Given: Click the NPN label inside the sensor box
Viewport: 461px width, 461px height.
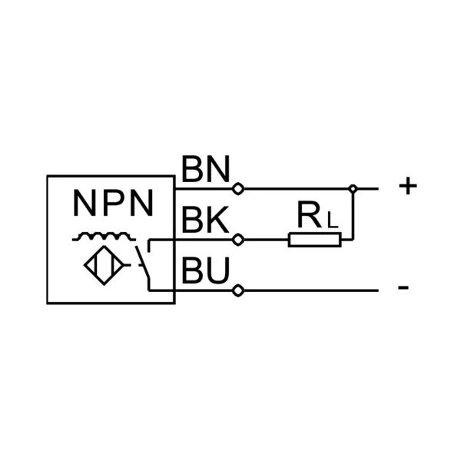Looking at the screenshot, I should pos(113,204).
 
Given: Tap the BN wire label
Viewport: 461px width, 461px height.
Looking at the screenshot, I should pos(206,170).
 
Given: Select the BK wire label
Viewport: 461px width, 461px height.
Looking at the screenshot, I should pos(205,221).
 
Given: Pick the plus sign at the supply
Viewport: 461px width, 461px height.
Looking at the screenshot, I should pos(408,186).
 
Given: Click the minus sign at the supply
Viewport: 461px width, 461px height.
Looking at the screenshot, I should pos(403,289).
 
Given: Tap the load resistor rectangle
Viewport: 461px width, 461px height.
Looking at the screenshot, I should pos(314,240).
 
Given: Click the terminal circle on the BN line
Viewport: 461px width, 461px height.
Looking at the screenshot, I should pos(238,188).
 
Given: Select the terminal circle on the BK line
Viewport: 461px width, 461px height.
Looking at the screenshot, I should pos(238,240).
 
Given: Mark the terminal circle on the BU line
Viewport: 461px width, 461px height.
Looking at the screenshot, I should pos(238,290).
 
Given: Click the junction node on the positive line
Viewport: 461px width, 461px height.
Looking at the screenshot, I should pos(352,188).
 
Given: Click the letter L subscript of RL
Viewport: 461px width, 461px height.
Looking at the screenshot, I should pos(330,223).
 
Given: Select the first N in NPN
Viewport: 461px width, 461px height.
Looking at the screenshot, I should pos(85,204).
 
